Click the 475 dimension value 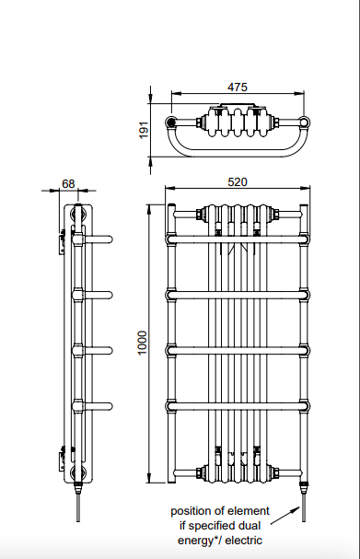[237, 87]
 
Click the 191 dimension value [144, 130]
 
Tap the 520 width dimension [237, 182]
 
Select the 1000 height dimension [142, 343]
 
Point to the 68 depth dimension [68, 183]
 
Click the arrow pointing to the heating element [285, 516]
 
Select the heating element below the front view [304, 502]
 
